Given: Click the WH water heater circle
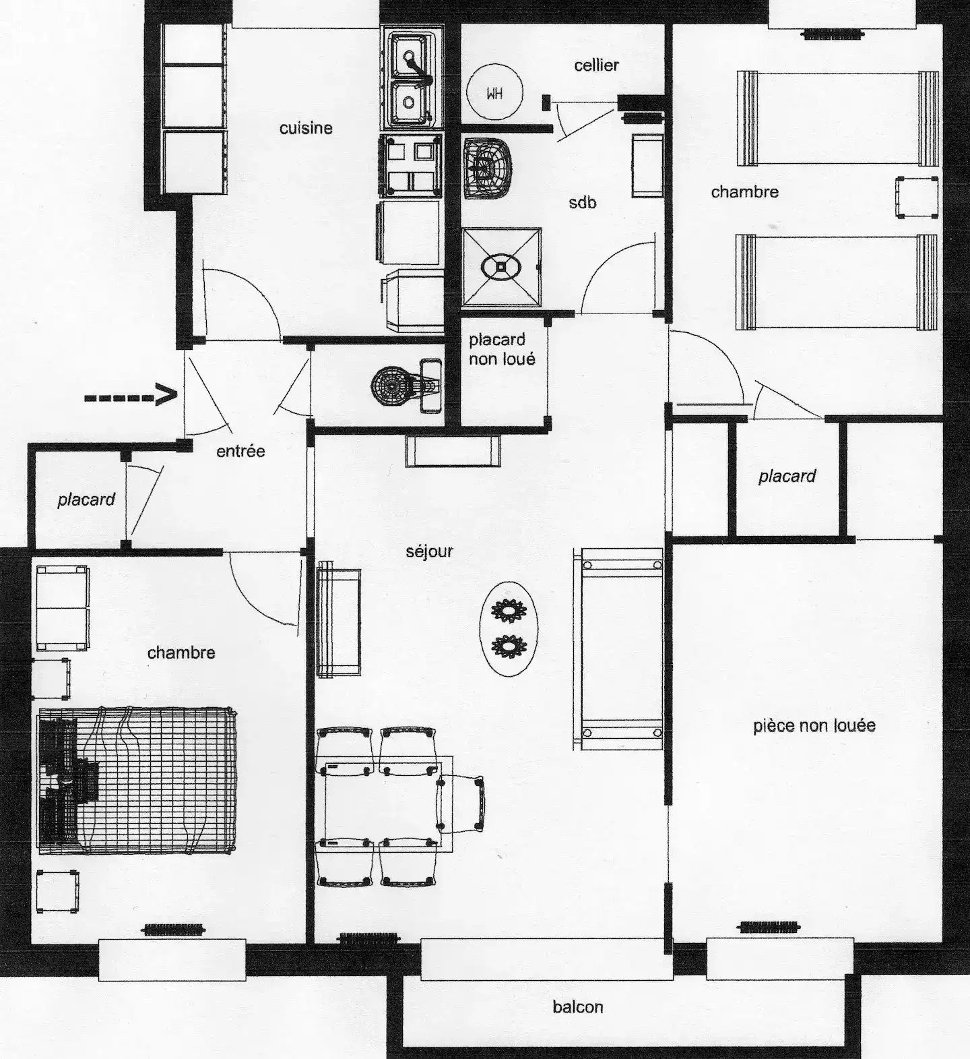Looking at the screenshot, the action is click(x=494, y=92).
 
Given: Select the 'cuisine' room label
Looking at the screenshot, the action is click(x=306, y=128).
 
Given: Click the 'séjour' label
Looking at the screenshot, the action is click(x=429, y=551).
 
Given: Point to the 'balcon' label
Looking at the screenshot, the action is click(x=577, y=1006).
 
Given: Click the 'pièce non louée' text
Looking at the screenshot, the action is click(x=814, y=725).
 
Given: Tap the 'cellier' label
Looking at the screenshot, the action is click(x=596, y=65).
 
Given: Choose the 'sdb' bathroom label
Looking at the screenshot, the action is click(x=582, y=202).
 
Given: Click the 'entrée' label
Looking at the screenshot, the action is click(x=240, y=451).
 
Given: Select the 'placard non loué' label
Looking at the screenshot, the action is click(x=502, y=349).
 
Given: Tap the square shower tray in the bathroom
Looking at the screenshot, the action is click(x=502, y=267).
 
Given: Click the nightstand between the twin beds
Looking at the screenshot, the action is click(x=917, y=197).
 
